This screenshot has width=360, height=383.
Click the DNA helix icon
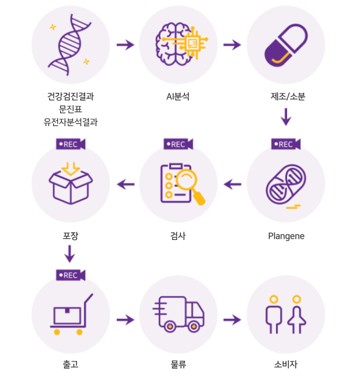pos(70,45)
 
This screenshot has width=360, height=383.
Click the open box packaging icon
pos(70,184)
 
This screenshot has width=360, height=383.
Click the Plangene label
pos(286,236)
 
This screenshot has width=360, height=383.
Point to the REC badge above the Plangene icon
pos(285,144)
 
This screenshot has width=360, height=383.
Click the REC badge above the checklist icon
pos(178,144)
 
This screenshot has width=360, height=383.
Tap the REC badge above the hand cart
pos(71,275)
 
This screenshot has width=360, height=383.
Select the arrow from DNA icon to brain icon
pos(125,45)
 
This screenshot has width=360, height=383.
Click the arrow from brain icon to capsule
pos(232,45)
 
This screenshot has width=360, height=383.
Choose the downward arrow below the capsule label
pos(285,117)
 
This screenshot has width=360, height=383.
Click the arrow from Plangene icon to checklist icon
pos(232,184)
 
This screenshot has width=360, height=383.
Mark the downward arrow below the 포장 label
pos(70,254)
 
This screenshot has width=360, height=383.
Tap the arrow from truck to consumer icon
pos(232,320)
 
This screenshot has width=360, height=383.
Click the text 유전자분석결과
pos(71,122)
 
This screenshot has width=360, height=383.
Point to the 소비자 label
pos(285,364)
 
